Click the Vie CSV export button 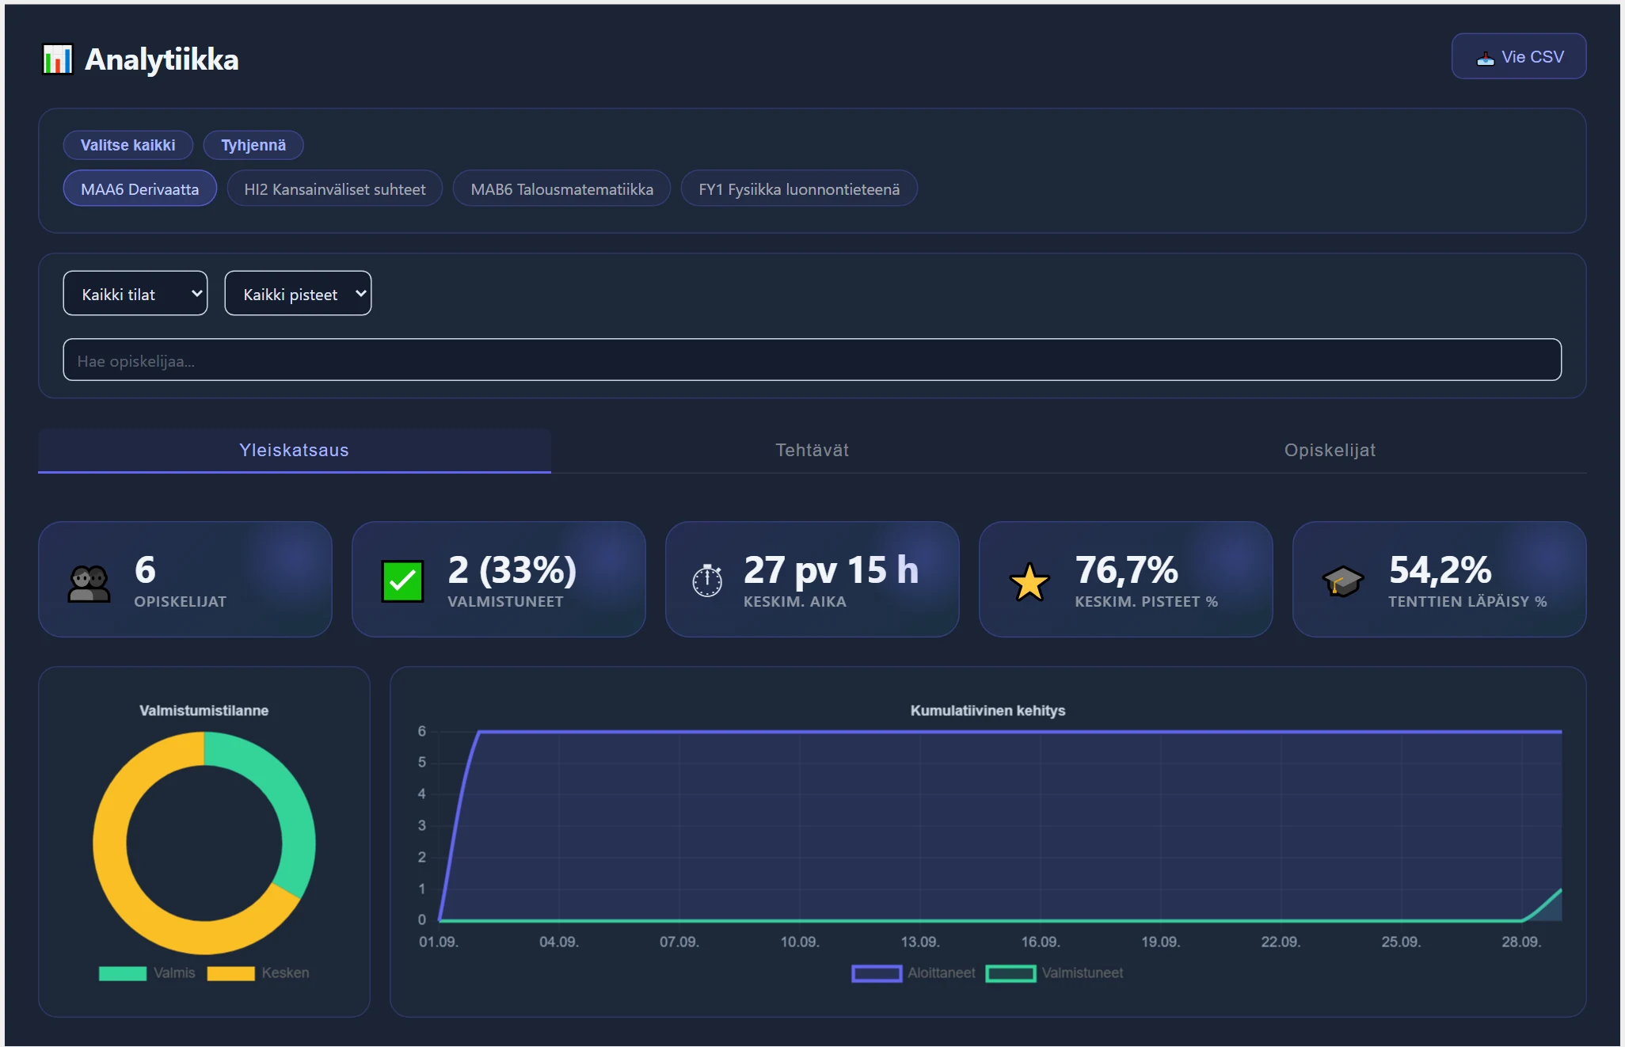[1518, 56]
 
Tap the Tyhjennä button [253, 145]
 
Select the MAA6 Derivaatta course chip [139, 189]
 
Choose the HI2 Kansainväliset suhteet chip [334, 189]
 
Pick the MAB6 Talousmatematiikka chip [561, 189]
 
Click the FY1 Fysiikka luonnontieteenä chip [799, 189]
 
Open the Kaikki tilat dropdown [135, 294]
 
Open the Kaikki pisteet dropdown [298, 294]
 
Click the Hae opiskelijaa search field [812, 360]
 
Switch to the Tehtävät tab [812, 450]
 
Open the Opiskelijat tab [1330, 450]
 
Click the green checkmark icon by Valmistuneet [402, 581]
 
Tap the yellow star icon [1029, 582]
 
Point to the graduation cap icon [1342, 581]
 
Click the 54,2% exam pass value [1440, 569]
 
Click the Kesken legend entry [258, 973]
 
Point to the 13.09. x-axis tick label [919, 942]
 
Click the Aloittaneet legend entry [914, 973]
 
